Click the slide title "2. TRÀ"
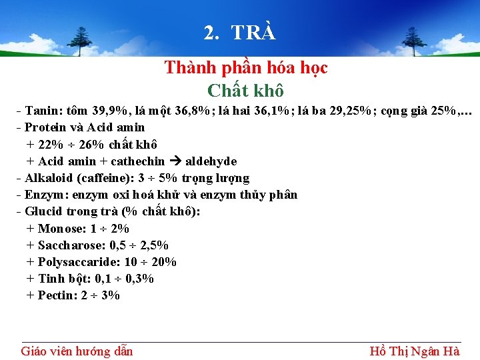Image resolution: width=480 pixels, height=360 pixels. pyautogui.click(x=239, y=33)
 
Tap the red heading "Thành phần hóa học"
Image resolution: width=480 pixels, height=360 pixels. pyautogui.click(x=245, y=68)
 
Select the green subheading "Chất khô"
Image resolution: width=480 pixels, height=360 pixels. pyautogui.click(x=245, y=89)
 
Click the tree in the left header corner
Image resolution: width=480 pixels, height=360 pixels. pyautogui.click(x=82, y=41)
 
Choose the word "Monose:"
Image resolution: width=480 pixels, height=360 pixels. pyautogui.click(x=59, y=229)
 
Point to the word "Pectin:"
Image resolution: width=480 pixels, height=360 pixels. pyautogui.click(x=58, y=295)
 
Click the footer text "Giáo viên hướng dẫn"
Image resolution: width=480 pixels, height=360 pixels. pyautogui.click(x=77, y=351)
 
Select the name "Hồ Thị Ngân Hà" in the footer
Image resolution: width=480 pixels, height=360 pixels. pyautogui.click(x=414, y=351)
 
